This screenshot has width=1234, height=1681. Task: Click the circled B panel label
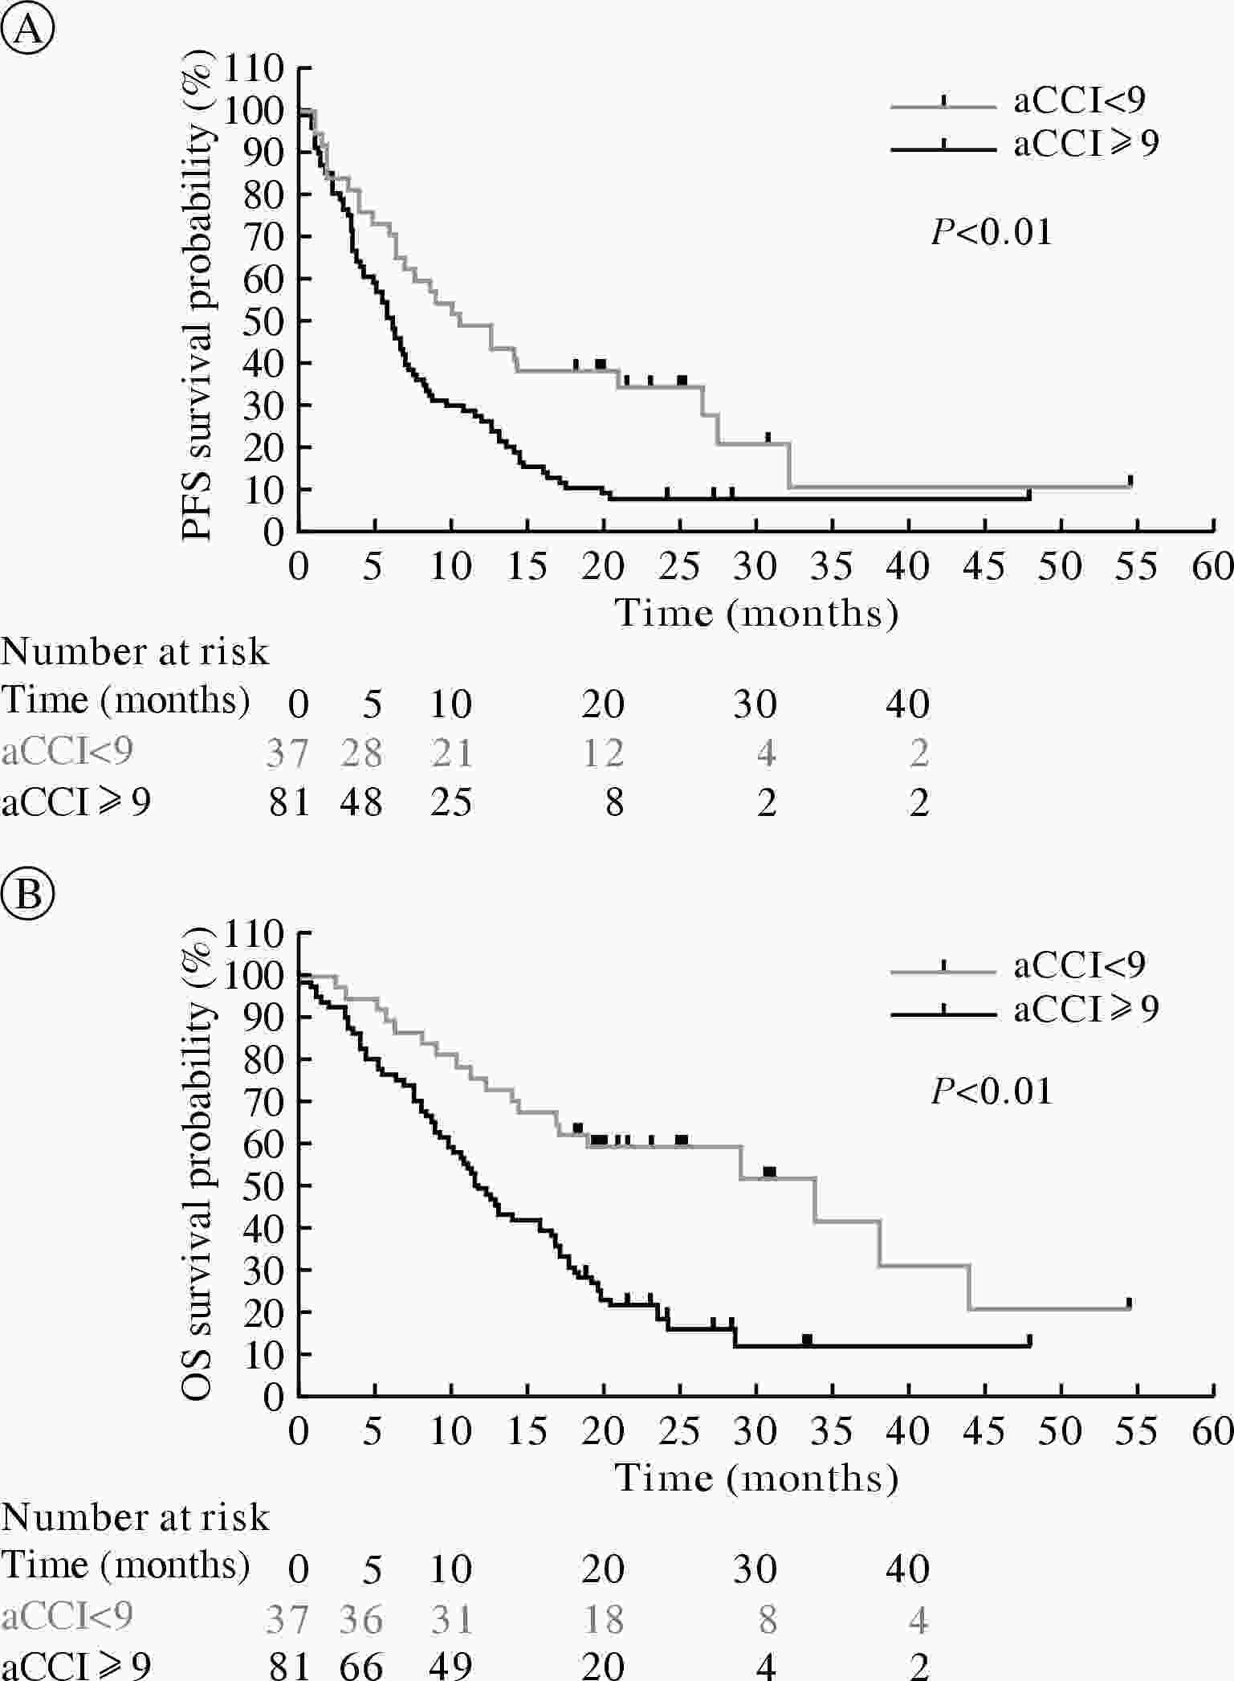(28, 894)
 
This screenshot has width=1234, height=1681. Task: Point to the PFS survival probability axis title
(198, 301)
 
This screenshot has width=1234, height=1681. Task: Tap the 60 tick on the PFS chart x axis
(1212, 567)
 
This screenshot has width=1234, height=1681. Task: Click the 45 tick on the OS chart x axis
(984, 1430)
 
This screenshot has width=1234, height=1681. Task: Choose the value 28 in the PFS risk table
(360, 753)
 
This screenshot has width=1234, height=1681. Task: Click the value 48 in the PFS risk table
(360, 802)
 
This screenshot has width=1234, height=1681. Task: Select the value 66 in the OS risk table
(360, 1666)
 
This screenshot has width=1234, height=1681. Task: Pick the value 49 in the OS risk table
(450, 1666)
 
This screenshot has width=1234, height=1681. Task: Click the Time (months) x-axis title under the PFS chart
(755, 614)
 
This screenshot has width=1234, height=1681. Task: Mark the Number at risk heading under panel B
(135, 1517)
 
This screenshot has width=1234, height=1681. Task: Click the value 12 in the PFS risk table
(603, 753)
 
